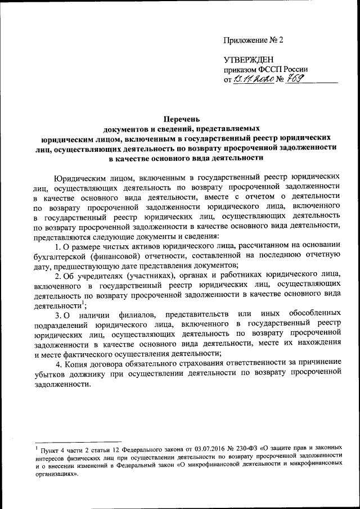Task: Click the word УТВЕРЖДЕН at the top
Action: point(248,59)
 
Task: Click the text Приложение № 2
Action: point(254,40)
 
